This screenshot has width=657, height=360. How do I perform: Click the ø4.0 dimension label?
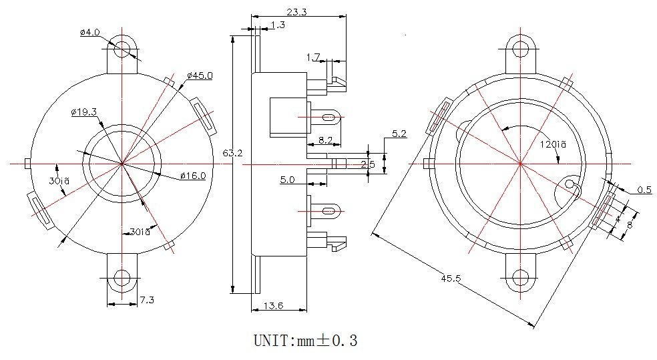click(x=89, y=32)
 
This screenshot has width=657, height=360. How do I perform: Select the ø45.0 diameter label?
click(x=200, y=75)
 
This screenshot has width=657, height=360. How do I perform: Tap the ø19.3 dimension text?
click(x=84, y=112)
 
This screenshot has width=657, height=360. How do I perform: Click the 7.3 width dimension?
click(x=146, y=301)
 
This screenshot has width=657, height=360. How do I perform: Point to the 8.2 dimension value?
click(x=326, y=140)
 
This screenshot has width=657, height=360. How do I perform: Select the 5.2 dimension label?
click(x=399, y=134)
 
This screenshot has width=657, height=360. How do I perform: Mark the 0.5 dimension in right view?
click(x=644, y=190)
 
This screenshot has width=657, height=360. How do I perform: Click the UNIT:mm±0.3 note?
click(x=305, y=341)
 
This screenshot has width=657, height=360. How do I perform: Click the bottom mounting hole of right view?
click(x=521, y=278)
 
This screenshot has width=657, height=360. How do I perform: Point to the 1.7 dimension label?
click(x=313, y=57)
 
